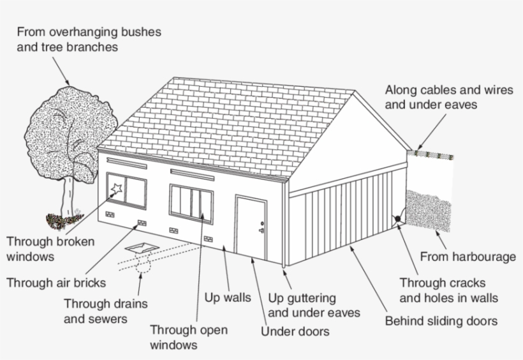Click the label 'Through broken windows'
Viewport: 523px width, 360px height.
point(50,249)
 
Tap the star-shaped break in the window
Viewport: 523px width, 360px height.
point(116,188)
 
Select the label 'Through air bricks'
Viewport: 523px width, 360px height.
point(56,282)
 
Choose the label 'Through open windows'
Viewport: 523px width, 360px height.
point(188,338)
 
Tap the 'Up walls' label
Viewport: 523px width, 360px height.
point(227,297)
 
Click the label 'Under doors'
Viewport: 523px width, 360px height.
point(295,331)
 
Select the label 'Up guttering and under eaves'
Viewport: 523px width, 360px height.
point(314,305)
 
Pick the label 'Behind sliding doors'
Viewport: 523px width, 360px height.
point(441,320)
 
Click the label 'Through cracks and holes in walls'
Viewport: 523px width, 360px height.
point(448,290)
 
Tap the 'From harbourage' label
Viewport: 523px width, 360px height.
point(468,257)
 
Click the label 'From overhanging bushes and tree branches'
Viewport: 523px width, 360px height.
point(89,39)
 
